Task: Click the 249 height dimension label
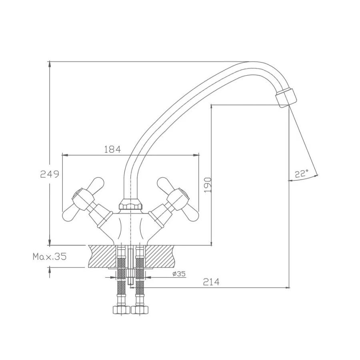point(50,174)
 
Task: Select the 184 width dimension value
point(112,150)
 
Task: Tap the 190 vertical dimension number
point(207,185)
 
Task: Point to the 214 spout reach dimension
point(211,282)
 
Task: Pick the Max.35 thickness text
point(50,256)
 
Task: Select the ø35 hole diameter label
point(179,274)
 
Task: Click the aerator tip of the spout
point(286,98)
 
